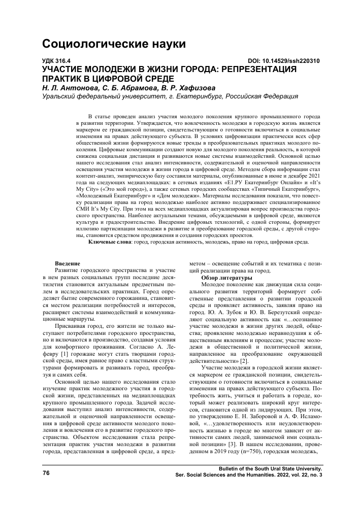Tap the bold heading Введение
(x=68, y=264)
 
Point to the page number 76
(x=46, y=473)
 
